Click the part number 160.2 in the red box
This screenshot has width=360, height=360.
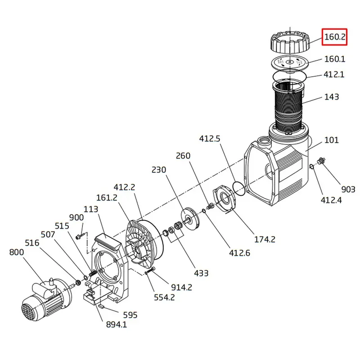[x=334, y=37]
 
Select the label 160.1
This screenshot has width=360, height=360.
[x=334, y=59]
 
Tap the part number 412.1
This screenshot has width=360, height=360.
[x=334, y=75]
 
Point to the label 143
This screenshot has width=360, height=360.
[x=332, y=97]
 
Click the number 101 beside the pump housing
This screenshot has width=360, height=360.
[x=332, y=140]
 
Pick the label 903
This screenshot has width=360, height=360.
[x=348, y=189]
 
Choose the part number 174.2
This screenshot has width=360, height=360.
[x=265, y=239]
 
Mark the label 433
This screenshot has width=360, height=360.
[x=201, y=273]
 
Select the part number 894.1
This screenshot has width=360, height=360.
[x=117, y=324]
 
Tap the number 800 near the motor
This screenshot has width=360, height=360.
[x=17, y=252]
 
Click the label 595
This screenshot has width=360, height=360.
[x=130, y=315]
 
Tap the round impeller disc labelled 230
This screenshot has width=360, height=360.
[x=190, y=219]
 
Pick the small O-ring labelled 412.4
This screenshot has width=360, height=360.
[x=311, y=166]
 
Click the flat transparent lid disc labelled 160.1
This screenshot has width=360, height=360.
[x=290, y=63]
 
